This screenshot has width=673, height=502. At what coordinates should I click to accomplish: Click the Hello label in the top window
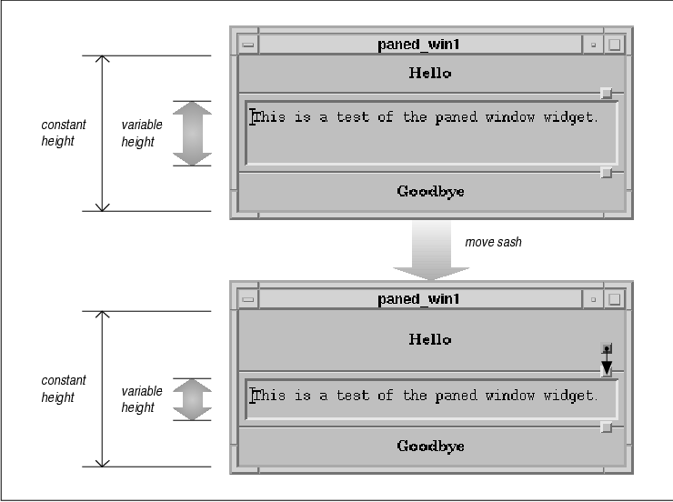click(429, 73)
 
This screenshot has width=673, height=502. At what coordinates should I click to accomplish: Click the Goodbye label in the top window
click(430, 191)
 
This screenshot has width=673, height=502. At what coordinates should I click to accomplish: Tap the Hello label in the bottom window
click(429, 339)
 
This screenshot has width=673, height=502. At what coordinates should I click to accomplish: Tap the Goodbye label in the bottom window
click(430, 446)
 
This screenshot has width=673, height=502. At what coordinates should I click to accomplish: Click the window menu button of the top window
click(247, 44)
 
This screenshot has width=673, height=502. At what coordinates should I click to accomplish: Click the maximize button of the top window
click(615, 44)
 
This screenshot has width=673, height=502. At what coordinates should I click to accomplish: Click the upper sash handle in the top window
click(607, 93)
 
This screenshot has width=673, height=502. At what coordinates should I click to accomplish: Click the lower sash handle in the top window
click(607, 172)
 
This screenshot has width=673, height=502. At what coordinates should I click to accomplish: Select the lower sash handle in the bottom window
click(607, 427)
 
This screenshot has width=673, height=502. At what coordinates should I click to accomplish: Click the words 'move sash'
click(494, 243)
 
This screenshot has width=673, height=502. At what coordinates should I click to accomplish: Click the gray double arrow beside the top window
click(191, 133)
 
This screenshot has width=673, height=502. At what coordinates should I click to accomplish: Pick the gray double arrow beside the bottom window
click(191, 399)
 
